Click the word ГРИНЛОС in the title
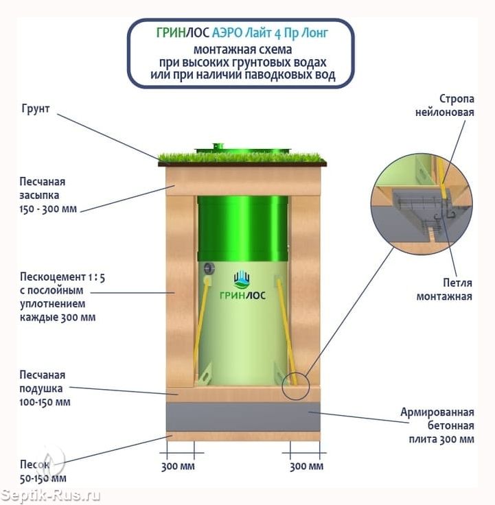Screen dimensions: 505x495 (179, 34)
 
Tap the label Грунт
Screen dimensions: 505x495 (36, 109)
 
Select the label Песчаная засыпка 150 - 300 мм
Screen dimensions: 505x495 (48, 194)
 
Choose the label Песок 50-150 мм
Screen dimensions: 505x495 (41, 471)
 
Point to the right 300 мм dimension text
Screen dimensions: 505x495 (306, 467)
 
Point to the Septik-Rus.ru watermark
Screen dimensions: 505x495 (51, 495)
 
